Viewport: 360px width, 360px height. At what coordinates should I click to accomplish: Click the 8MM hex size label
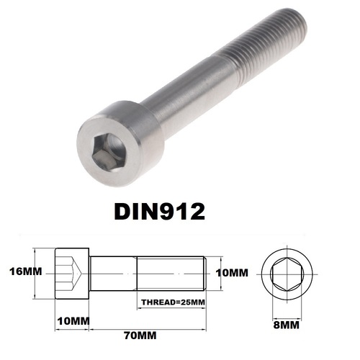coord(288,325)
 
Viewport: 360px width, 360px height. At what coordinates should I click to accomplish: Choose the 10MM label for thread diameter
coord(232,273)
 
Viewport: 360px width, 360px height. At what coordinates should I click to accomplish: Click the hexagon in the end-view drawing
coord(287,274)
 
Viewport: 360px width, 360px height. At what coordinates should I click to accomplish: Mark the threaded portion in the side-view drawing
coord(173,273)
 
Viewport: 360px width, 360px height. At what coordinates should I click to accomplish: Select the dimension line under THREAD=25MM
coord(173,308)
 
